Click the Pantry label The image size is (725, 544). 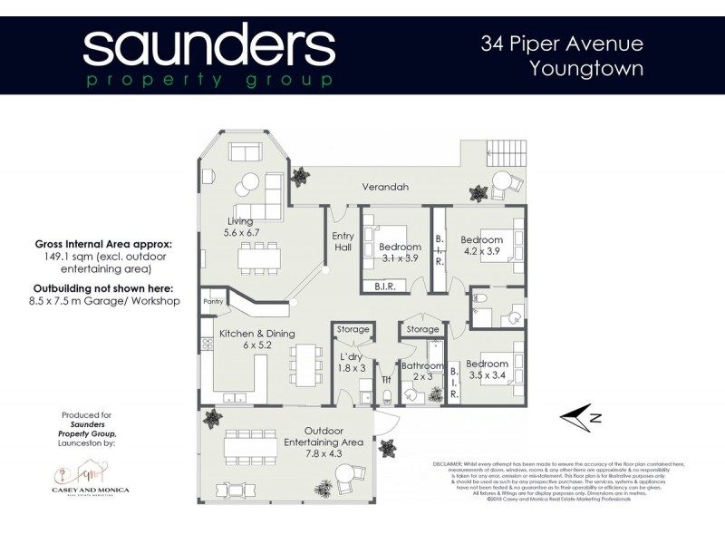pyautogui.click(x=214, y=301)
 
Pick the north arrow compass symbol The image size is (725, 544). pyautogui.click(x=580, y=416)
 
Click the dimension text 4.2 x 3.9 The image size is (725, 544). pyautogui.click(x=481, y=251)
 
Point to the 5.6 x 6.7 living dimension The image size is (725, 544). pyautogui.click(x=240, y=232)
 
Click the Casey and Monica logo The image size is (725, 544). pyautogui.click(x=90, y=481)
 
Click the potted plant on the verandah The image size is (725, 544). pyautogui.click(x=476, y=193)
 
